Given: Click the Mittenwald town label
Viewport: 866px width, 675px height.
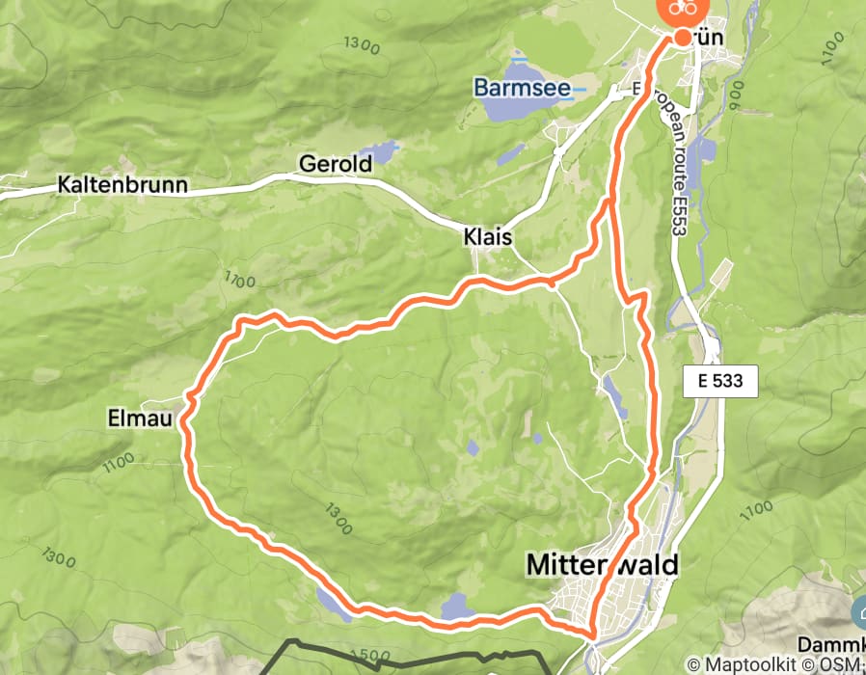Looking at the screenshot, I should click(x=603, y=564).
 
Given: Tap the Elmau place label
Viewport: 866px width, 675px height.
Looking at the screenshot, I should click(x=142, y=418).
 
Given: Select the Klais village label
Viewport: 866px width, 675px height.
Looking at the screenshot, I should click(x=487, y=236).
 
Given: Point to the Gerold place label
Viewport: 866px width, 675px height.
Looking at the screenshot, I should click(x=335, y=164).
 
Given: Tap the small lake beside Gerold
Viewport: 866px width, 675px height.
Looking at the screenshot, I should click(x=383, y=150).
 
